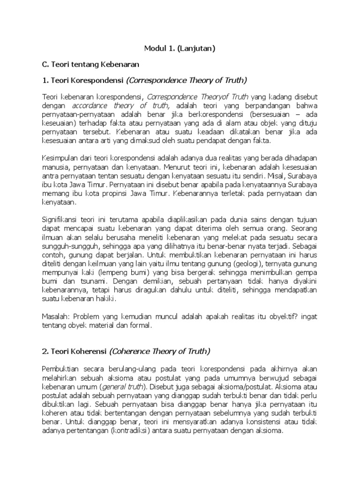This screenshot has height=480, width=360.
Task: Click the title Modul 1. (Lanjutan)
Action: (180, 47)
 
